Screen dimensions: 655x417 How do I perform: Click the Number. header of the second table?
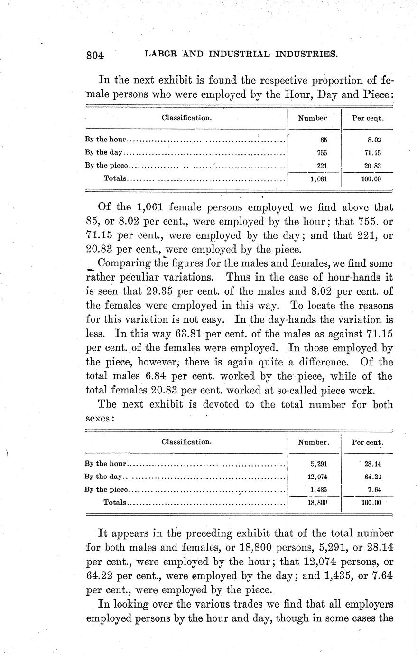tap(313, 442)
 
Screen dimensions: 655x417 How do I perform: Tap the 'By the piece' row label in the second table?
tap(106, 490)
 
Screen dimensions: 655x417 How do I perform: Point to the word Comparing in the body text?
tap(124, 263)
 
